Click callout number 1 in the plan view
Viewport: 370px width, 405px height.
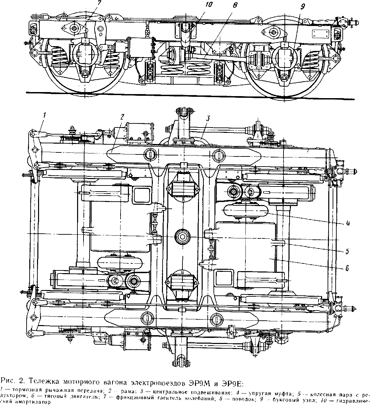44,115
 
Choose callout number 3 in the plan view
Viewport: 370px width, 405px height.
208,118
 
